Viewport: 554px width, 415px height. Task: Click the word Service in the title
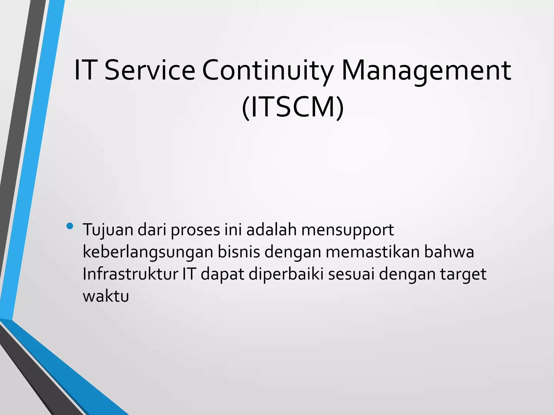tap(150, 71)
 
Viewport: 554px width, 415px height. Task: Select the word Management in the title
tap(426, 71)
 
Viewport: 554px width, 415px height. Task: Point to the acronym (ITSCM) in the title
tap(293, 108)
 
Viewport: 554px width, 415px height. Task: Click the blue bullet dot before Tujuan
tap(70, 226)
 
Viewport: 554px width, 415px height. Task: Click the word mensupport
tap(347, 230)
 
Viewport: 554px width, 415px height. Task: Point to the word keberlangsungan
tap(148, 252)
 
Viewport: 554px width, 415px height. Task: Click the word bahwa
tap(449, 252)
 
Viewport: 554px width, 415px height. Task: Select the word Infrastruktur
tap(130, 274)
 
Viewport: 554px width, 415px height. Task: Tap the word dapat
tap(222, 274)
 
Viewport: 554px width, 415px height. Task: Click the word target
tap(463, 274)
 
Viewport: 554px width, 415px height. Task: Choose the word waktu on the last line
tap(106, 296)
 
